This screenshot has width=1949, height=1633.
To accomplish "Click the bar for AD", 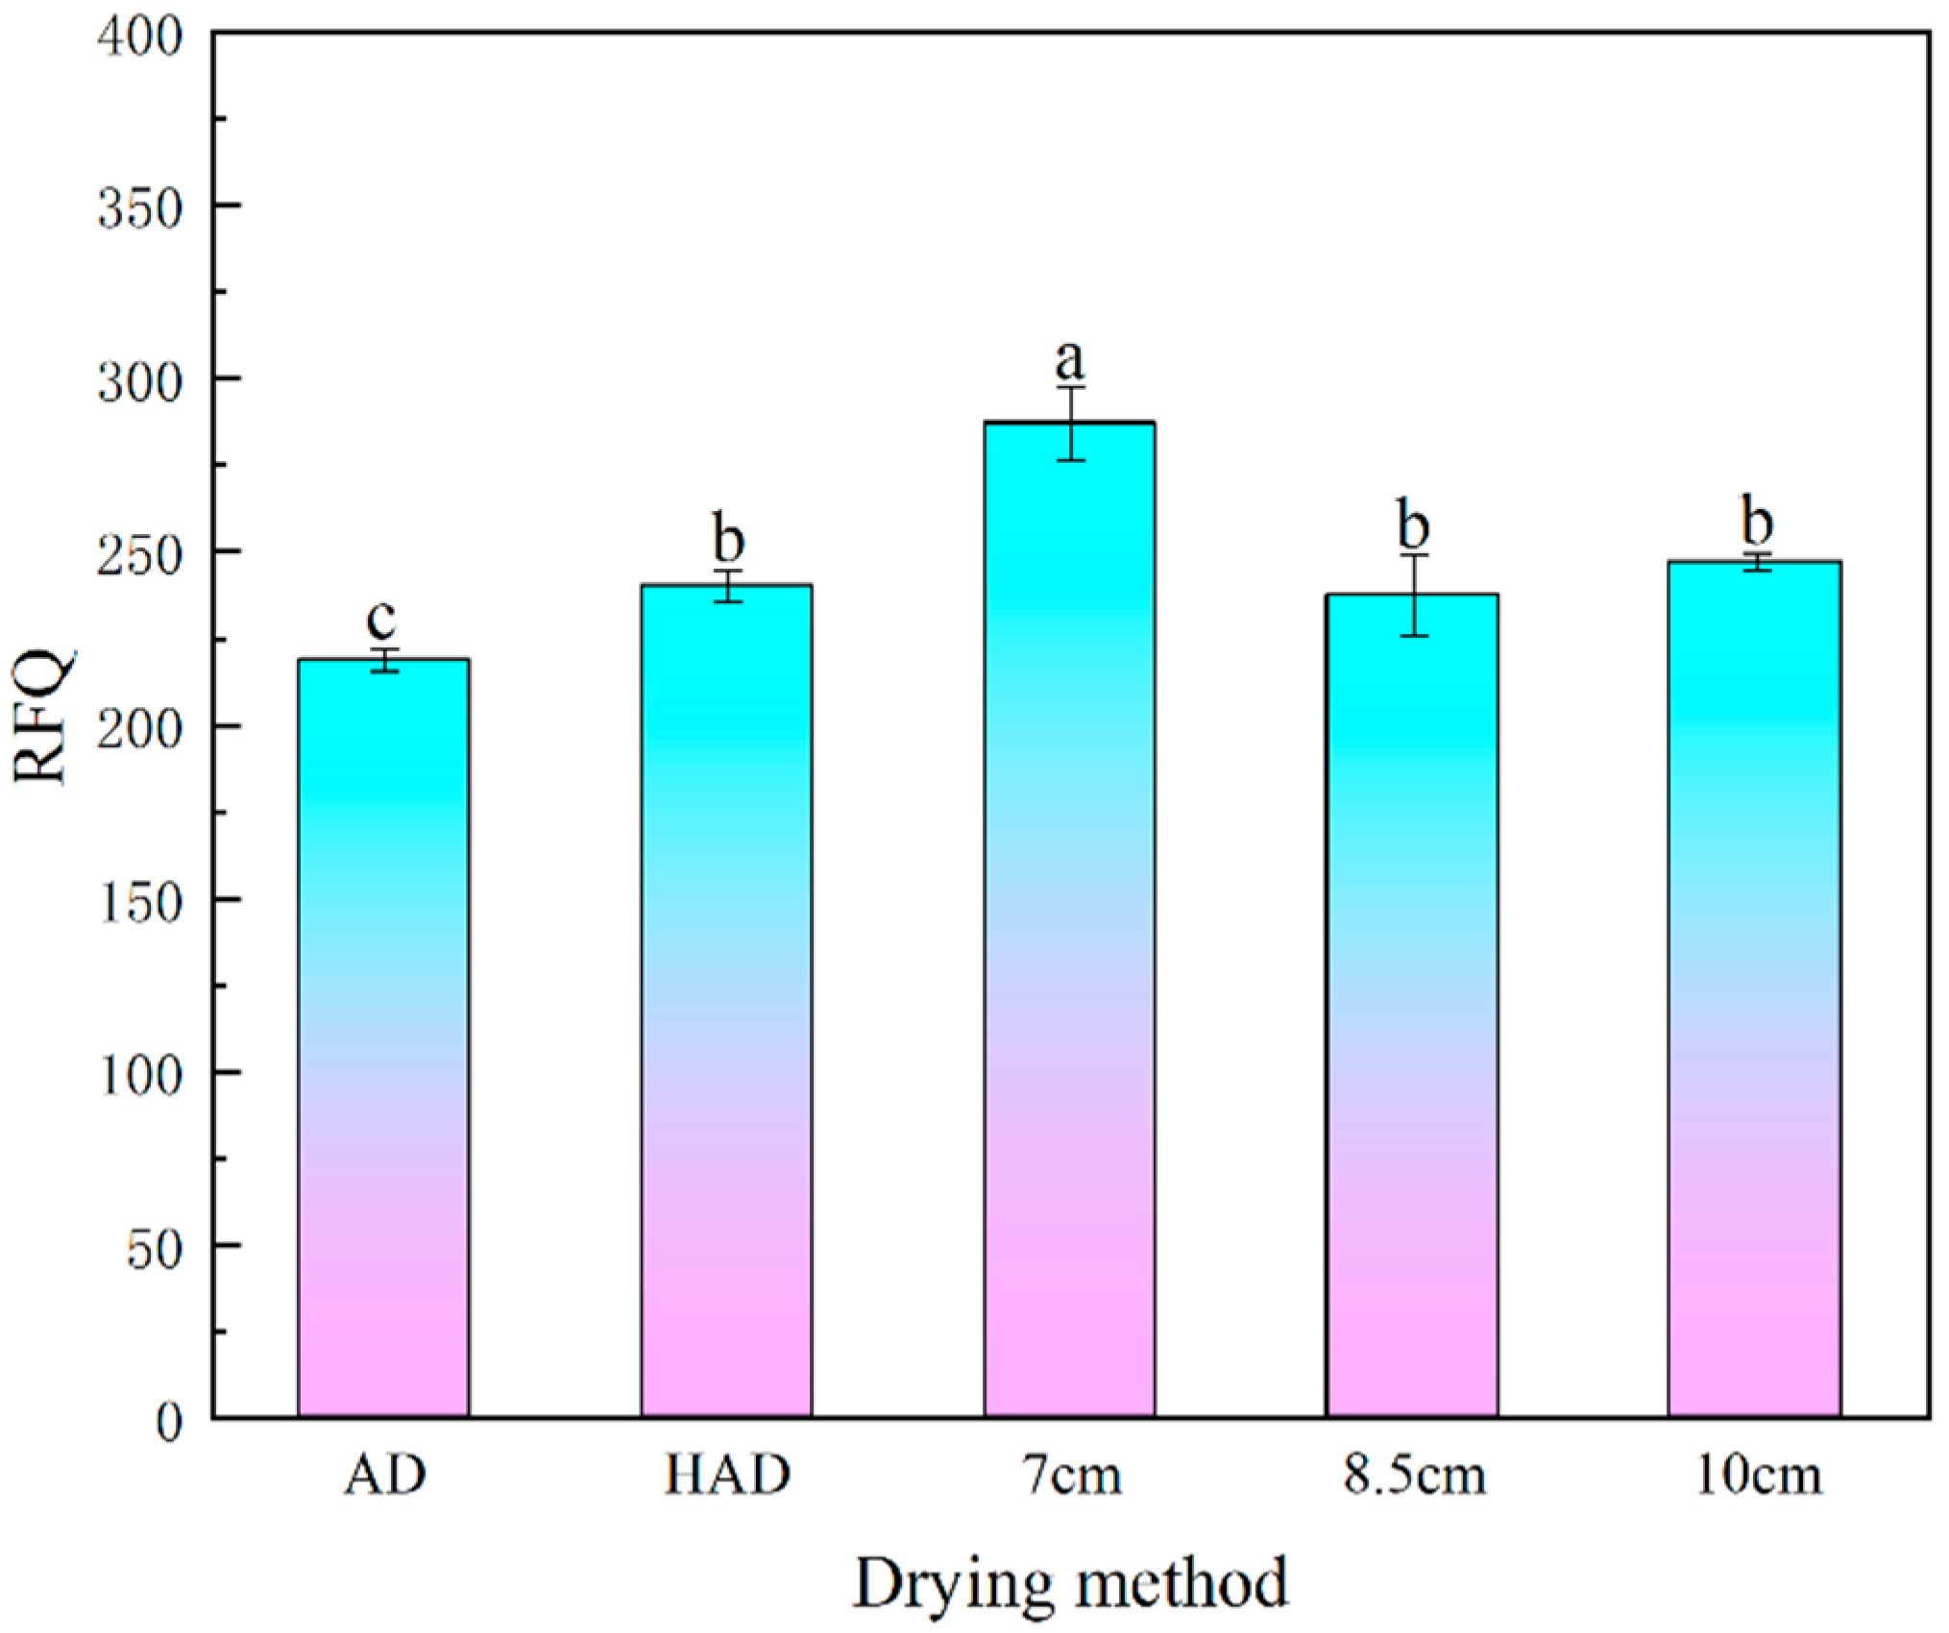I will pos(383,1037).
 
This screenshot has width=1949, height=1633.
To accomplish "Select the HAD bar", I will pos(727,999).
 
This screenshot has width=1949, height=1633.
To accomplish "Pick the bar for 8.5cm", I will pos(1412,1005).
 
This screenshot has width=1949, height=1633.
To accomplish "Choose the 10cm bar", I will pos(1754,989).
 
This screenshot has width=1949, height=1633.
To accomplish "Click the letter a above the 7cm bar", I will pos(1069,361).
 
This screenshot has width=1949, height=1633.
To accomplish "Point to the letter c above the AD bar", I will pos(381,620).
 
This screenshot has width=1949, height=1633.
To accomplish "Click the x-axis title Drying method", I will pos(1070,1581).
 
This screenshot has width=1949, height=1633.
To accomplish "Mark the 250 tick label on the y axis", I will pos(140,555).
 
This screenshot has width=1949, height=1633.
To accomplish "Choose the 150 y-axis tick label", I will pos(140,902).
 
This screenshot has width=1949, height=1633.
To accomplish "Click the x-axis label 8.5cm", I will pos(1414,1475).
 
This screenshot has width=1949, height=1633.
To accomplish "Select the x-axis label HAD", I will pos(727,1475).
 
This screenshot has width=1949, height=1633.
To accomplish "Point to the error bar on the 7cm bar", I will pos(1071,423).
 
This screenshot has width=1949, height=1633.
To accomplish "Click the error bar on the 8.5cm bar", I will pos(1413,595).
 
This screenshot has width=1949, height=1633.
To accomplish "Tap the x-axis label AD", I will pos(384,1475).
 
